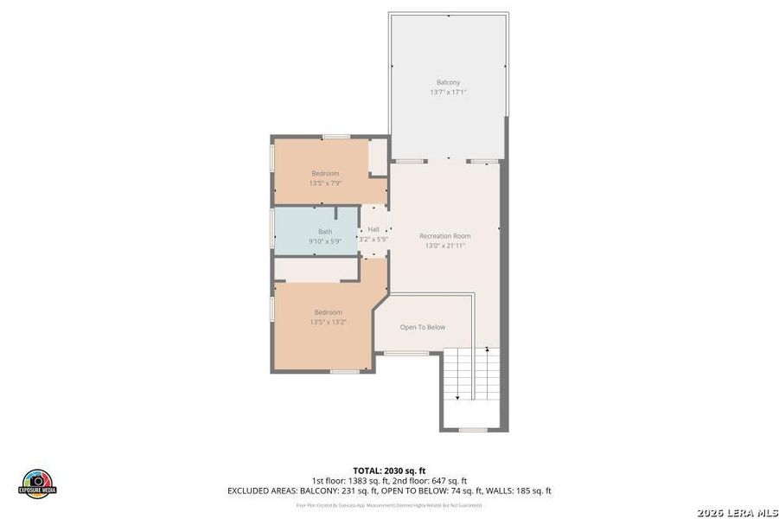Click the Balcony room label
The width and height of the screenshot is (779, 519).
(448, 82)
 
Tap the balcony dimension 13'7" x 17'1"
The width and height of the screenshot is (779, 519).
(448, 92)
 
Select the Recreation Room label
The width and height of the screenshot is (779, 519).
(444, 235)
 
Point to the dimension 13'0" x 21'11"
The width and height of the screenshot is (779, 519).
(444, 246)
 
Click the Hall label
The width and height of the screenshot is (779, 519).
(374, 229)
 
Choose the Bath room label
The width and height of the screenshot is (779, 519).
(324, 231)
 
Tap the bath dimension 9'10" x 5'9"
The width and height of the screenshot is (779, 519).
(324, 241)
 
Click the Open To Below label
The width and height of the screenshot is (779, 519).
(422, 327)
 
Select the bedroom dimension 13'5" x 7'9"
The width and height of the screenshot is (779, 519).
(325, 183)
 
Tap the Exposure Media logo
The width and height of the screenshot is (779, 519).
(37, 484)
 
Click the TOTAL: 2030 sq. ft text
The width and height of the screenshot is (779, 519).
(389, 470)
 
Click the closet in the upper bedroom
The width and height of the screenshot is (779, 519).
(378, 157)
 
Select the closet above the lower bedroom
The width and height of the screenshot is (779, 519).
(316, 269)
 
